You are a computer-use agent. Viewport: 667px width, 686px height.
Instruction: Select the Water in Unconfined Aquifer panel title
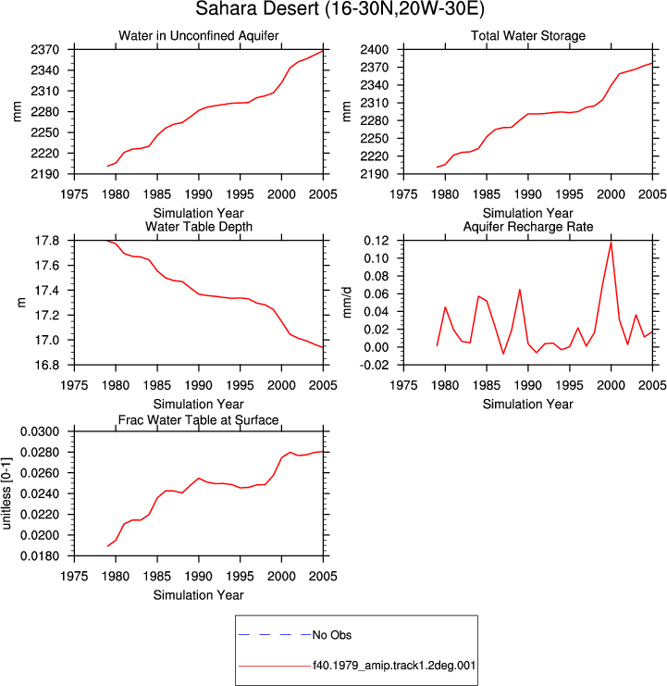pyautogui.click(x=199, y=35)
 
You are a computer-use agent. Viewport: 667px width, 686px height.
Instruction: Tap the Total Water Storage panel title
pyautogui.click(x=528, y=35)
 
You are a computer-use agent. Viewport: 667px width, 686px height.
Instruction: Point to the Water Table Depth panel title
pyautogui.click(x=199, y=227)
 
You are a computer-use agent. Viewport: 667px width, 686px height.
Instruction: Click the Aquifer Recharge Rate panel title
pyautogui.click(x=528, y=227)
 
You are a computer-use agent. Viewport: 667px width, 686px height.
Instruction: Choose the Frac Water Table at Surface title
pyautogui.click(x=199, y=420)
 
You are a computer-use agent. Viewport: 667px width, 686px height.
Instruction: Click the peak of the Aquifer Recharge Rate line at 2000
pyautogui.click(x=611, y=242)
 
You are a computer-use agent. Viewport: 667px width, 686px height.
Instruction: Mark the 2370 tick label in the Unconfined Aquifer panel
pyautogui.click(x=45, y=50)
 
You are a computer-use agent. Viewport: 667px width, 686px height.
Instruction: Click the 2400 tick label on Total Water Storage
pyautogui.click(x=374, y=49)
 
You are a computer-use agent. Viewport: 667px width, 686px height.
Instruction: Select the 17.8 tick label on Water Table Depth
pyautogui.click(x=47, y=241)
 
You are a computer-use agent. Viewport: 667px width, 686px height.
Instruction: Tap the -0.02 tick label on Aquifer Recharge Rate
pyautogui.click(x=374, y=365)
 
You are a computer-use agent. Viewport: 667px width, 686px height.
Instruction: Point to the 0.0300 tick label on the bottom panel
pyautogui.click(x=40, y=431)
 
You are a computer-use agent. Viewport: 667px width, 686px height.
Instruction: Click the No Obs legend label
pyautogui.click(x=332, y=635)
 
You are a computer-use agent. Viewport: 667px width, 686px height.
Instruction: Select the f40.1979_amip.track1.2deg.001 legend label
pyautogui.click(x=394, y=666)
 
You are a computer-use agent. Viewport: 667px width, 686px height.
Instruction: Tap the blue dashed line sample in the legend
pyautogui.click(x=275, y=634)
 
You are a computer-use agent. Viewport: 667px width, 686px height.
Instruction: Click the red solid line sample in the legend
pyautogui.click(x=275, y=667)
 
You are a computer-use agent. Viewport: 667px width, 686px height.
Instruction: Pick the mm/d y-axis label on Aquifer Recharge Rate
pyautogui.click(x=347, y=303)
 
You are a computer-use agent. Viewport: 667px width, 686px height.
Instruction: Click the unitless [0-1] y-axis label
pyautogui.click(x=6, y=493)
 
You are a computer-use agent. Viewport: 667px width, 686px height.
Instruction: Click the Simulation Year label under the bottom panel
pyautogui.click(x=199, y=595)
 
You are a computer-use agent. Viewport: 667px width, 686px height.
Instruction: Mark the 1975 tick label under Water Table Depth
pyautogui.click(x=74, y=385)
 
